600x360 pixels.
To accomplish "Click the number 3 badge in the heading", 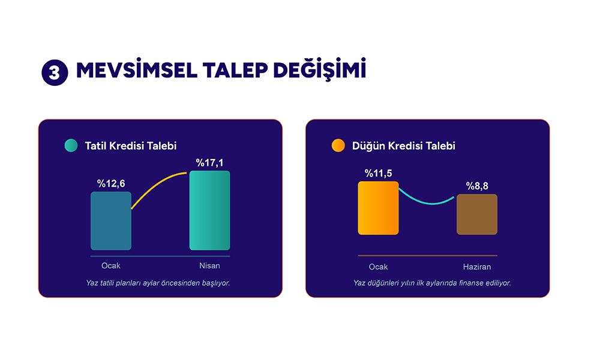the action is (55, 73).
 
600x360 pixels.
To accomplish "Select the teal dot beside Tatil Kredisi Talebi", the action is (71, 145).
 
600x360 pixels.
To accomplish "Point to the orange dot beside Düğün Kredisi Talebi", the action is (338, 145).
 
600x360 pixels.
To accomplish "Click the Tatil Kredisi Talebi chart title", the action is (130, 146).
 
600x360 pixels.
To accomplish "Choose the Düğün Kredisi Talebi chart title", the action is (404, 146).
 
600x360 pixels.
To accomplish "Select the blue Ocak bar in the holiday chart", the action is (111, 221).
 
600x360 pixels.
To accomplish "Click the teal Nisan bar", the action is (209, 211).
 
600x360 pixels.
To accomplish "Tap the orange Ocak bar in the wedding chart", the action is (378, 208).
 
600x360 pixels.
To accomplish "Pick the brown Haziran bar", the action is (477, 214).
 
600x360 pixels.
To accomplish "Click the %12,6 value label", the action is (111, 184).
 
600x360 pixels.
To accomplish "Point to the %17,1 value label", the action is (209, 163).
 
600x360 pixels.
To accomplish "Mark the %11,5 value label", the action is (378, 173).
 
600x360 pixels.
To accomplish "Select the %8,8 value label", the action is (477, 186).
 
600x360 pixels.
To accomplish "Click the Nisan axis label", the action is (209, 266).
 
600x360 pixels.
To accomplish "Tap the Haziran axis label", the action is (477, 266).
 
